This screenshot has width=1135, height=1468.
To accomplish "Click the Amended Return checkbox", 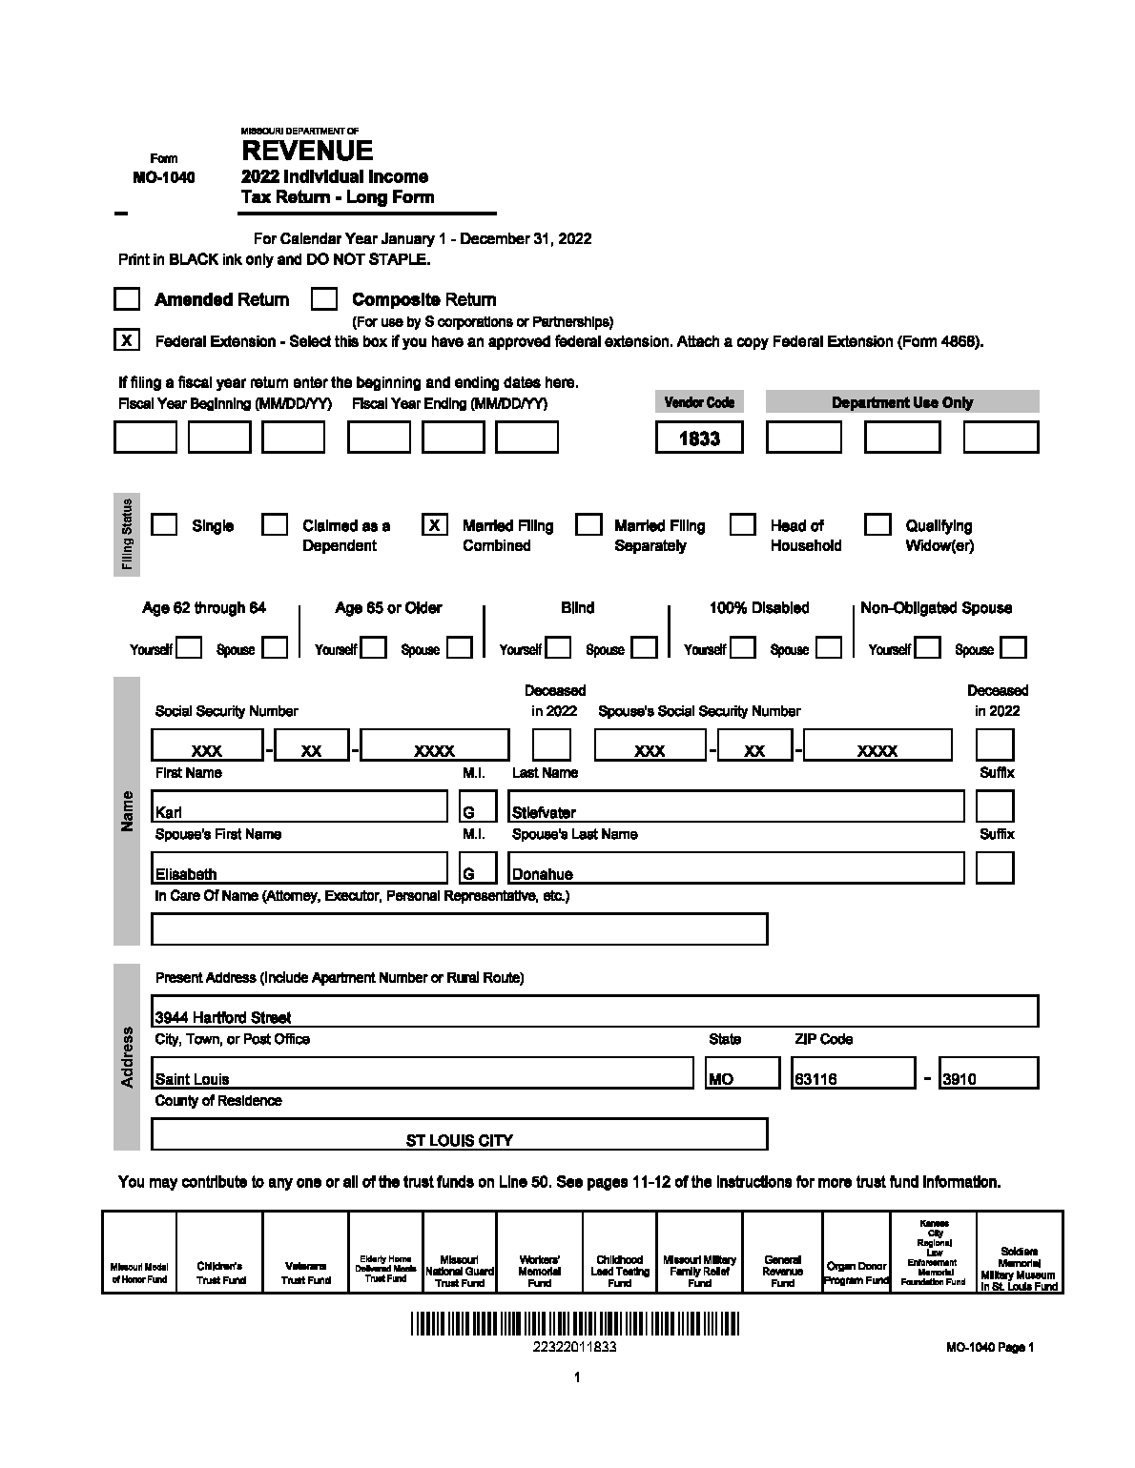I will point(127,299).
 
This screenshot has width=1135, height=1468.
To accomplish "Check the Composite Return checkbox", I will point(324,299).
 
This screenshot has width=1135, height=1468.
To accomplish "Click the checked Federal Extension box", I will point(127,340).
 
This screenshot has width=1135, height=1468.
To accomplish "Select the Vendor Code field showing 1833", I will point(699,438).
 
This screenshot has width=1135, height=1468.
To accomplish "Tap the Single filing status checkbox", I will point(164,525).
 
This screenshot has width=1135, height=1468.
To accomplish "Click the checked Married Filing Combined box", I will point(435,525).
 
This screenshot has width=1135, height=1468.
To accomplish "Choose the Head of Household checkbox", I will point(743,525).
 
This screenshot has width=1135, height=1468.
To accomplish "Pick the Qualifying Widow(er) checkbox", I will point(877,525).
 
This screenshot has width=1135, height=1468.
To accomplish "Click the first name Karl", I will point(169,812).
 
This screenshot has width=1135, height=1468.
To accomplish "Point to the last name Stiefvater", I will point(544,812).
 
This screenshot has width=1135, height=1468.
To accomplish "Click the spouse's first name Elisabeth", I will point(186,874).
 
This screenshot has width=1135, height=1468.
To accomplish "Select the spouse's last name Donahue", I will point(542,874).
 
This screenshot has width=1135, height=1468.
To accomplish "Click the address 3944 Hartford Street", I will point(223,1017).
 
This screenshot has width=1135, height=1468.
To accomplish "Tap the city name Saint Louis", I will point(193,1079).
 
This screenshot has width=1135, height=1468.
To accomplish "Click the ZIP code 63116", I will point(815,1079).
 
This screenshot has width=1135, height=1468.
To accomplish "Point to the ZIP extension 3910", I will point(959,1079).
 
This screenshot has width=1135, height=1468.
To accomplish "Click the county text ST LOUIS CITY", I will point(459,1140).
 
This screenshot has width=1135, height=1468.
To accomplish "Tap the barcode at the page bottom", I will point(575,1324).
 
